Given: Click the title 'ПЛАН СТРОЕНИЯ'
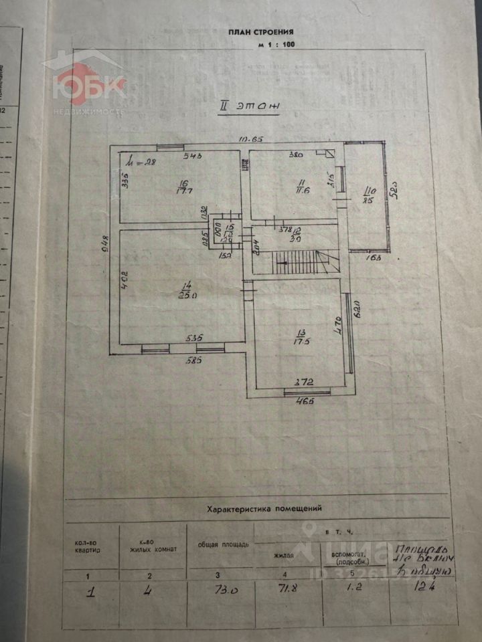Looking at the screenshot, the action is point(260,31).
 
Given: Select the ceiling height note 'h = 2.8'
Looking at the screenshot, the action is point(142,161).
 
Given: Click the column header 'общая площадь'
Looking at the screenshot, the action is point(224,544).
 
